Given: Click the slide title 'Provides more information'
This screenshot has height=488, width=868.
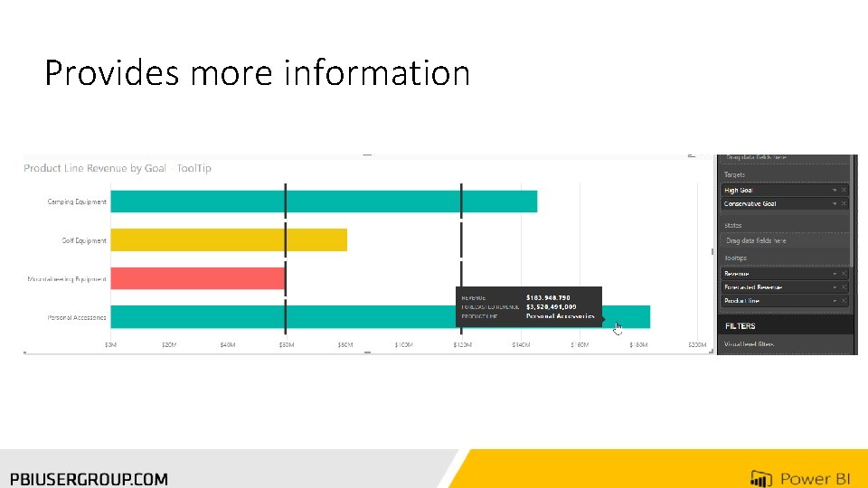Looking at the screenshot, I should pyautogui.click(x=257, y=73).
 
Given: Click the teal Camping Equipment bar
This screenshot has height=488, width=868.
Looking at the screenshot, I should pyautogui.click(x=323, y=202).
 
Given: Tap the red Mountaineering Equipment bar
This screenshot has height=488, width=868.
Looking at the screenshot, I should pyautogui.click(x=197, y=278).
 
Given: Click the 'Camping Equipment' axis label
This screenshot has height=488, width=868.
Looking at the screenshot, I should pyautogui.click(x=77, y=202).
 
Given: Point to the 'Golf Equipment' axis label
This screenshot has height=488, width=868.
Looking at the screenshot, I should pyautogui.click(x=83, y=240).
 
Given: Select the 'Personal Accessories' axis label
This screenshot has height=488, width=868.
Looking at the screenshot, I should pyautogui.click(x=77, y=317).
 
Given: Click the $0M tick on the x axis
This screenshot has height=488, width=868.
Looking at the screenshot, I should pyautogui.click(x=110, y=344).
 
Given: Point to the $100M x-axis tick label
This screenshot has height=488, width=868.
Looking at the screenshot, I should pyautogui.click(x=403, y=344).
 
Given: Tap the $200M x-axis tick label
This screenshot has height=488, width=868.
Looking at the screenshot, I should pyautogui.click(x=696, y=344).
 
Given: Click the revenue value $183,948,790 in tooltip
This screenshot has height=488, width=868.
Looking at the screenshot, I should pyautogui.click(x=548, y=297).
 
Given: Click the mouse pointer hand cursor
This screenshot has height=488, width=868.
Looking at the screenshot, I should pyautogui.click(x=618, y=327).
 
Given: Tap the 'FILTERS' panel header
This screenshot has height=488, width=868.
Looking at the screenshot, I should pyautogui.click(x=740, y=325).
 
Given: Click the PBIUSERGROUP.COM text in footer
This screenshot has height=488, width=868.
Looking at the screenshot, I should pyautogui.click(x=89, y=479).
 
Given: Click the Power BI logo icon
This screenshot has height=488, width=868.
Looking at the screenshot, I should pyautogui.click(x=760, y=478).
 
